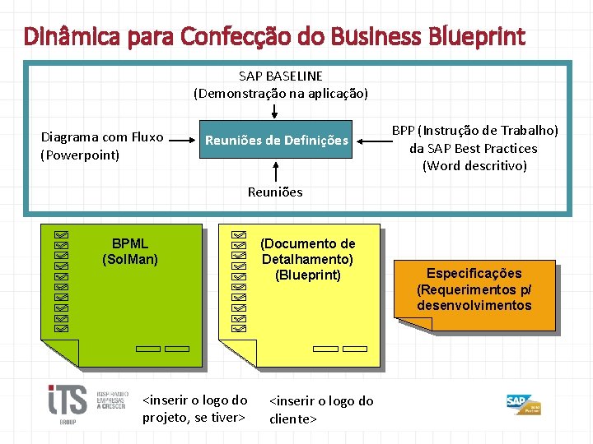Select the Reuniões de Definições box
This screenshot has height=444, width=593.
pyautogui.click(x=277, y=141)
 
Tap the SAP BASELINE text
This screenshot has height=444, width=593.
pyautogui.click(x=281, y=76)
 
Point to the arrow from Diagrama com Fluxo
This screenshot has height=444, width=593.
pyautogui.click(x=182, y=141)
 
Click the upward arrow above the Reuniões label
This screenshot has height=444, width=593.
pyautogui.click(x=275, y=170)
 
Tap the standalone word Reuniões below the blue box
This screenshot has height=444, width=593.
pyautogui.click(x=275, y=192)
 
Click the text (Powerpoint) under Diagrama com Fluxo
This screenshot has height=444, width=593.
pyautogui.click(x=80, y=155)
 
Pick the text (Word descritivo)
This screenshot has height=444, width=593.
pyautogui.click(x=474, y=166)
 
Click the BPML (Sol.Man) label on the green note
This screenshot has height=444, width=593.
pyautogui.click(x=130, y=252)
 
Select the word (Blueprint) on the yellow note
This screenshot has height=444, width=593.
pyautogui.click(x=308, y=275)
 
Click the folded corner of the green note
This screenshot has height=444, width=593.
pyautogui.click(x=59, y=353)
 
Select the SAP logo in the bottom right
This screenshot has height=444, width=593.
pyautogui.click(x=522, y=404)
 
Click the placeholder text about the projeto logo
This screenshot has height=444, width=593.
pyautogui.click(x=195, y=409)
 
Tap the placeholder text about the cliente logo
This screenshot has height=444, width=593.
pyautogui.click(x=320, y=409)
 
